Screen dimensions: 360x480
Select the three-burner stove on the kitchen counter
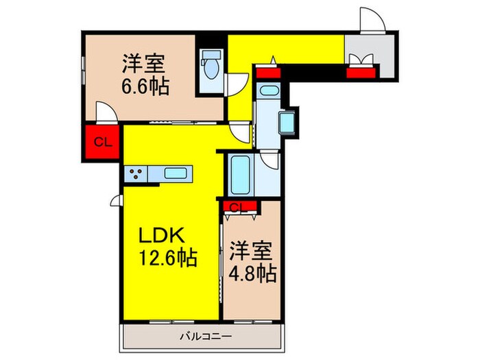(135, 175)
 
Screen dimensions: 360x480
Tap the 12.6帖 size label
(169, 259)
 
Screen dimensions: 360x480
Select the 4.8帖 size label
(253, 273)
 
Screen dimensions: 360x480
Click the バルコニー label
(206, 337)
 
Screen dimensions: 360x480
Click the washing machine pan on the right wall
(287, 123)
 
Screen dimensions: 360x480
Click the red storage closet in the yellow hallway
(267, 69)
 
